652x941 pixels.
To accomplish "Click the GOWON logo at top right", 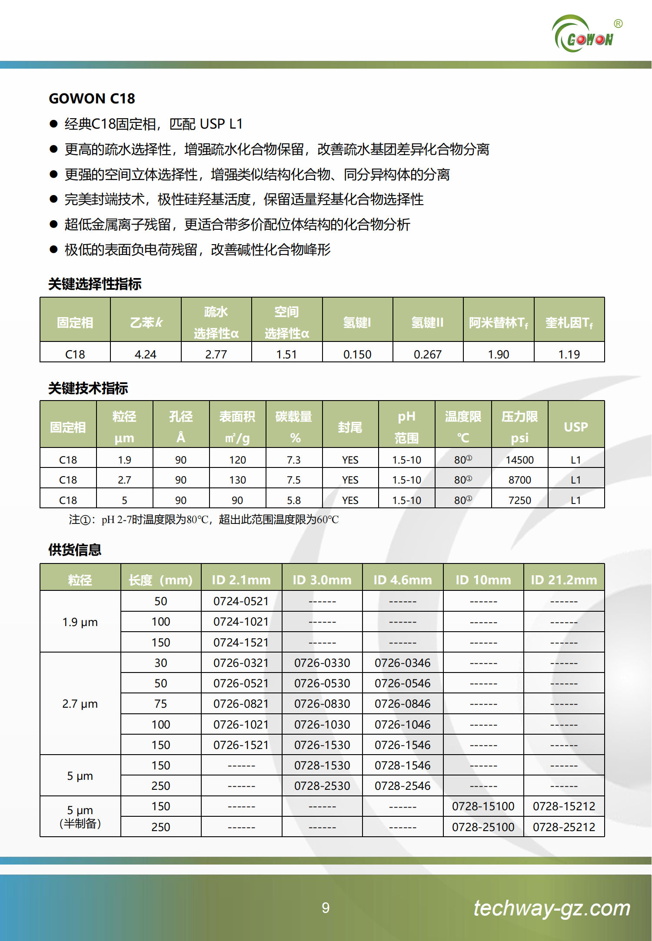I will (x=585, y=35).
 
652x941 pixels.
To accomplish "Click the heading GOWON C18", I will (x=92, y=99).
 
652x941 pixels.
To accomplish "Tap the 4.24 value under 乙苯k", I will (x=145, y=354).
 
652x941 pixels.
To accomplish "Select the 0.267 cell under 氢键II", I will (x=427, y=354).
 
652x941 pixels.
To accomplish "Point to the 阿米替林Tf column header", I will (x=498, y=322).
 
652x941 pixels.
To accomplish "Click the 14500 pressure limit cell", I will (x=519, y=460).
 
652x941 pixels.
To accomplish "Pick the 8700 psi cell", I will (x=519, y=480).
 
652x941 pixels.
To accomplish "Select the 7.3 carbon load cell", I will (x=293, y=460).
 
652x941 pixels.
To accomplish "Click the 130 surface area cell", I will (x=237, y=480).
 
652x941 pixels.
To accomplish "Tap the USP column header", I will (x=575, y=427).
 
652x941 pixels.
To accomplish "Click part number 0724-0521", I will (x=241, y=601).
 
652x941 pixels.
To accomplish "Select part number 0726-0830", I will (x=322, y=704).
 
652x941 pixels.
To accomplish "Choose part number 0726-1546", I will (x=403, y=745).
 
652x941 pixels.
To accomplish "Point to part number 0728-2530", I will (x=322, y=785).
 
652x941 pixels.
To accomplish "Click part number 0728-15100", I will (x=483, y=806).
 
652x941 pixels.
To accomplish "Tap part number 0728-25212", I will (x=564, y=827).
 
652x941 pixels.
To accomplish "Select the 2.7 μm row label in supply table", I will (x=80, y=704).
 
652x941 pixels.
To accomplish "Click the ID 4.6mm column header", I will (x=403, y=580).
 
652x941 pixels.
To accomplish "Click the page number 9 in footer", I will (x=326, y=908).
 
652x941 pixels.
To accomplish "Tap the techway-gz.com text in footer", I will (x=552, y=908).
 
